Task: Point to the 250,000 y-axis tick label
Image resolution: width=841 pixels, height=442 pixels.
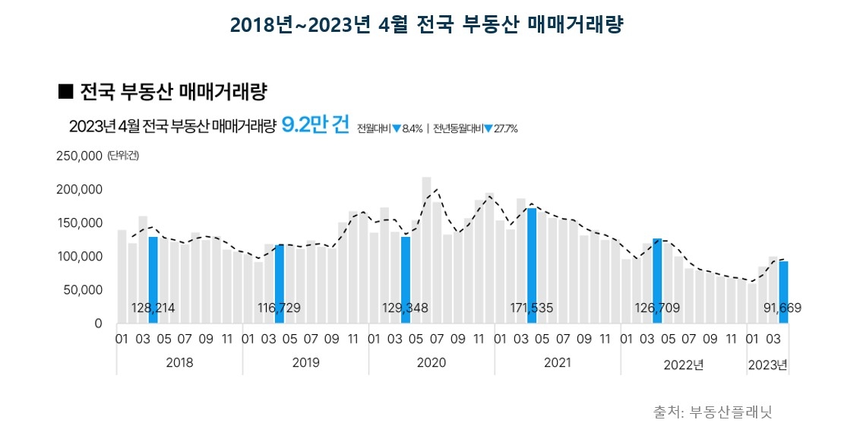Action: [79, 156]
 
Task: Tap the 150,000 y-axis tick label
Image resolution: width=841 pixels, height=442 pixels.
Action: [79, 223]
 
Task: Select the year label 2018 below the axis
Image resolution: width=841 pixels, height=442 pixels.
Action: [179, 363]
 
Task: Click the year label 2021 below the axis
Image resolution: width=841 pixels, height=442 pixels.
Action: [558, 363]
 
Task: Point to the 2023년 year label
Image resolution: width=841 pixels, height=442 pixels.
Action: [767, 365]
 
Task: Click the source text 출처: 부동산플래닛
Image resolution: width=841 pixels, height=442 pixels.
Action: [713, 412]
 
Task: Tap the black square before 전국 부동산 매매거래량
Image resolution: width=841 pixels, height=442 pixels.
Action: [65, 92]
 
